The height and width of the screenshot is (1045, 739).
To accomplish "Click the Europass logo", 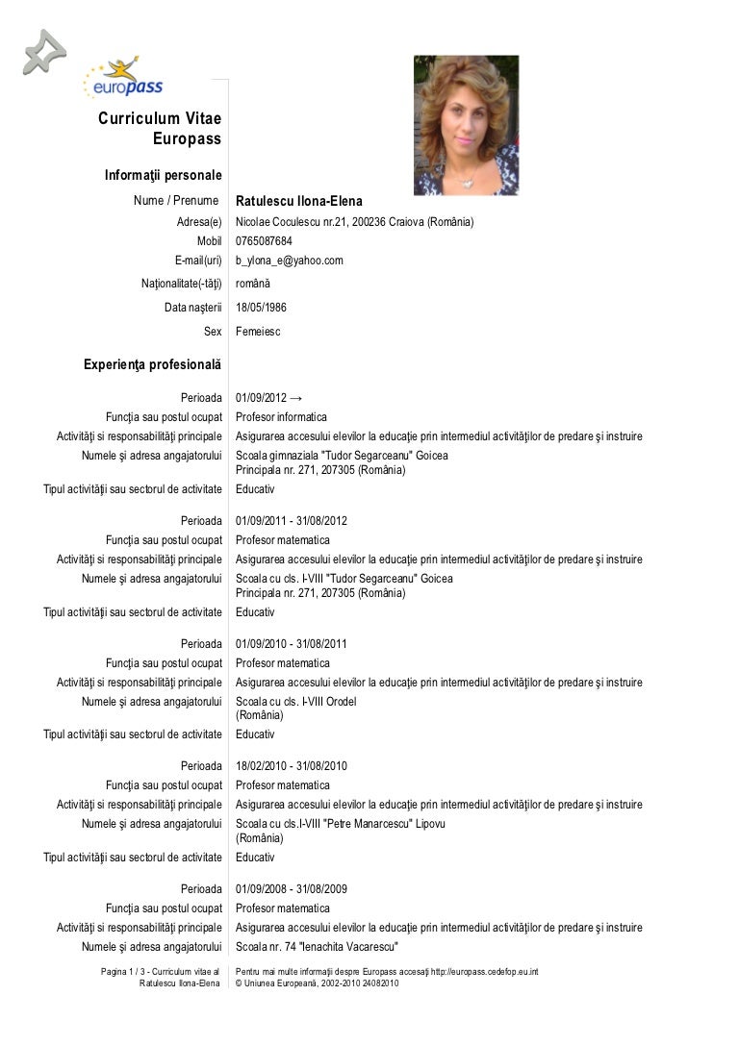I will pyautogui.click(x=124, y=79).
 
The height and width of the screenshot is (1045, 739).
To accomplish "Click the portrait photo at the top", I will pyautogui.click(x=466, y=125).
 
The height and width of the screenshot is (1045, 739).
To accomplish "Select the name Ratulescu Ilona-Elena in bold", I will pyautogui.click(x=298, y=201).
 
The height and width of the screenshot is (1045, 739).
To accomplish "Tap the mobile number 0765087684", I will pyautogui.click(x=264, y=241).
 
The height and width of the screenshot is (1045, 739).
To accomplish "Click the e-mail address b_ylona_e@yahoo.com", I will pyautogui.click(x=289, y=261).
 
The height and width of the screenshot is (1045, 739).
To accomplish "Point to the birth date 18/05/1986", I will pyautogui.click(x=261, y=308).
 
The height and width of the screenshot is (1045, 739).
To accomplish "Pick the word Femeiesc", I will pyautogui.click(x=259, y=332).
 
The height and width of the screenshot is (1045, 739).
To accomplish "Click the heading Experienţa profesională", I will pyautogui.click(x=152, y=365).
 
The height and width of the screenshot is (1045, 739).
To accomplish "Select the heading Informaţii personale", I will pyautogui.click(x=163, y=176).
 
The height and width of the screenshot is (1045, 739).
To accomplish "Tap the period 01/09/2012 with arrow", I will pyautogui.click(x=268, y=398).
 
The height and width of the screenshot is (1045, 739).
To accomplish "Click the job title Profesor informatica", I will pyautogui.click(x=281, y=417).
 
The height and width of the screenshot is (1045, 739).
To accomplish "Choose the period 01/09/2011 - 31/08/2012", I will pyautogui.click(x=292, y=521).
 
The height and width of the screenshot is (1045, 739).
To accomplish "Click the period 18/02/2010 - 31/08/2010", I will pyautogui.click(x=292, y=766).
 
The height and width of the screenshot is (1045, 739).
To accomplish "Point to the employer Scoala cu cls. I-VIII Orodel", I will pyautogui.click(x=295, y=702).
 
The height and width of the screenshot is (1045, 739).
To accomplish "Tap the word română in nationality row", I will pyautogui.click(x=253, y=284).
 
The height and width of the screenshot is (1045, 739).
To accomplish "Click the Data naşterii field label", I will pyautogui.click(x=192, y=308).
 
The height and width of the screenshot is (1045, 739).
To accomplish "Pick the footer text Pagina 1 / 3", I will pyautogui.click(x=124, y=972).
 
